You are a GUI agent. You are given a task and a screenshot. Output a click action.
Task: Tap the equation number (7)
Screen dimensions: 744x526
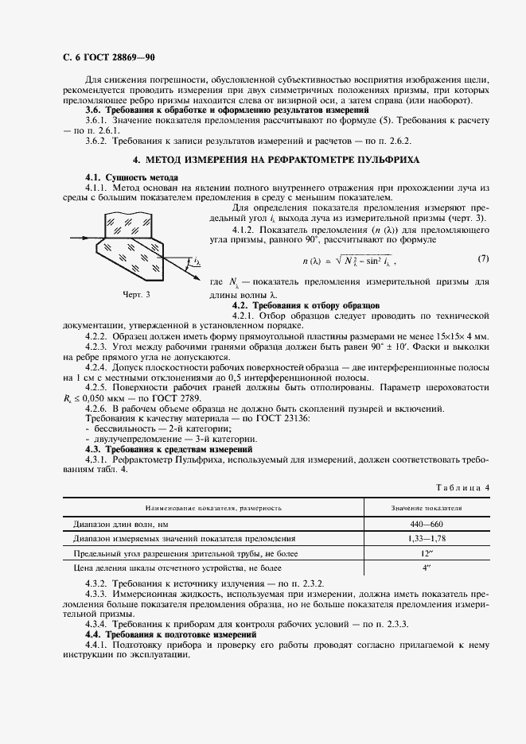(483, 259)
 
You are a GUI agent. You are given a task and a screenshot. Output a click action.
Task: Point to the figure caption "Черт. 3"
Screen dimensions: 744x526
(136, 294)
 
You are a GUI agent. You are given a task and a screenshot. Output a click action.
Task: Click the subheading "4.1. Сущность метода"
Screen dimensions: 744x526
(131, 176)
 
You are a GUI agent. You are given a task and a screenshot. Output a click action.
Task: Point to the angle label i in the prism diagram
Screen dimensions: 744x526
(196, 260)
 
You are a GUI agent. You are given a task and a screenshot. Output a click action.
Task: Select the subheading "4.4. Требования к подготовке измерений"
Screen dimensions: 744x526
(170, 635)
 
